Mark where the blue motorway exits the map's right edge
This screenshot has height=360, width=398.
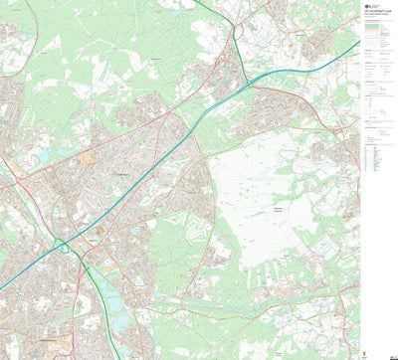coord(358,43)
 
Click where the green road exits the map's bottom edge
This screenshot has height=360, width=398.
coord(118,357)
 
